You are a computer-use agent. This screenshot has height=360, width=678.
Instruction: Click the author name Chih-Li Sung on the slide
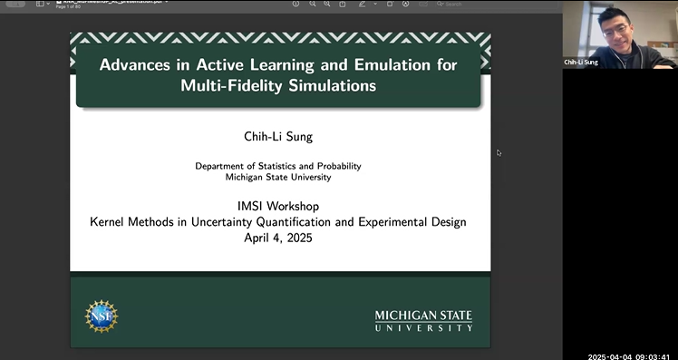(x=279, y=136)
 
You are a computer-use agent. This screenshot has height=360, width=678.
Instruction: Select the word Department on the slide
(x=222, y=166)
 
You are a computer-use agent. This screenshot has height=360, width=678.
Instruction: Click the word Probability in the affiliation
(x=337, y=166)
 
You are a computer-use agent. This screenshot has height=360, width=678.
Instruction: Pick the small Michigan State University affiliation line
(x=278, y=177)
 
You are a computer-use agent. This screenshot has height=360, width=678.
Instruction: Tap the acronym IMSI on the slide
(x=244, y=206)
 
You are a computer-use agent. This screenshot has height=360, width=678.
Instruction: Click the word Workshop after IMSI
(x=294, y=206)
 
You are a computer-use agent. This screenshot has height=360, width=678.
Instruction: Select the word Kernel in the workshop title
(x=111, y=222)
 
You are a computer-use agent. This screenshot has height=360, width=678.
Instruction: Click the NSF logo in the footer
(x=102, y=316)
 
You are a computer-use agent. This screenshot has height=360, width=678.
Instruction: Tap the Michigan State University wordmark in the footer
(x=423, y=320)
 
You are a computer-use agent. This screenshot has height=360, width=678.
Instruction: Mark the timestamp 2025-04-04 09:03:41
(x=630, y=355)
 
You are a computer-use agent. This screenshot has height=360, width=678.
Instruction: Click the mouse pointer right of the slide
(x=499, y=152)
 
